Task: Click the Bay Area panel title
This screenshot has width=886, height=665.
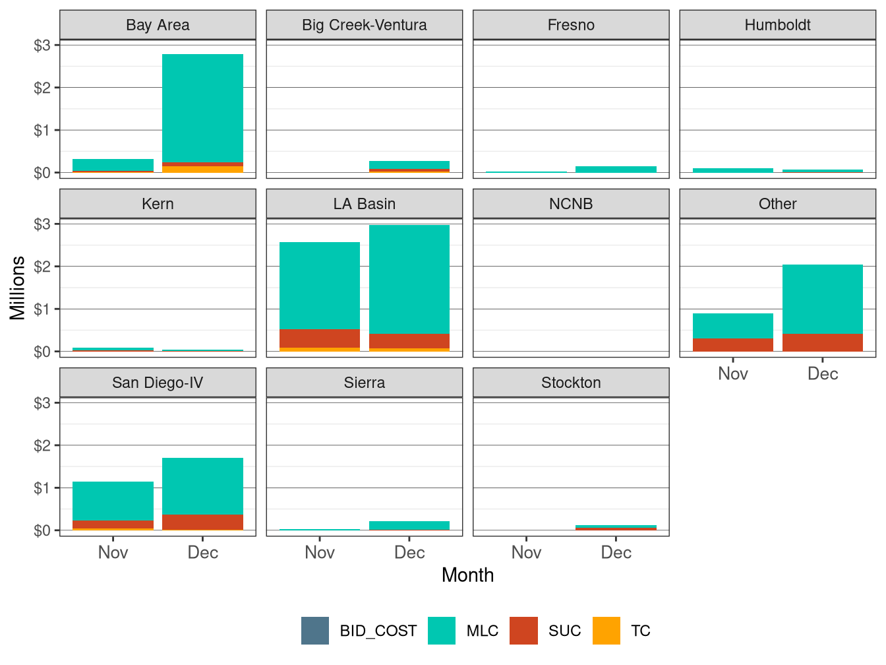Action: point(158,25)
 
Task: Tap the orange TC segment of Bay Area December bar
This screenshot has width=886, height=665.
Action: point(202,170)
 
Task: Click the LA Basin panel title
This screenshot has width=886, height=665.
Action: point(364,204)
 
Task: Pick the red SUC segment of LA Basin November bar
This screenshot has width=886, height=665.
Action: point(320,338)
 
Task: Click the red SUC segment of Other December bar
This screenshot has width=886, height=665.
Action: point(823,342)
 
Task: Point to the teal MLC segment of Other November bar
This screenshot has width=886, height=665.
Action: point(733,326)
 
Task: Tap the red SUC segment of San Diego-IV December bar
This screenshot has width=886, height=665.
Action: point(202,522)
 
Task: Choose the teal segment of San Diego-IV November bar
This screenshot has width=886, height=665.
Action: point(113,501)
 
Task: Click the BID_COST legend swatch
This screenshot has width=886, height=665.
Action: point(315,631)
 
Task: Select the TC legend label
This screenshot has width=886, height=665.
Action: point(641,631)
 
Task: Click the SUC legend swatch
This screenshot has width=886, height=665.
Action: point(524,631)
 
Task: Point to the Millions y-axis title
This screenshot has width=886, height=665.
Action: point(18,288)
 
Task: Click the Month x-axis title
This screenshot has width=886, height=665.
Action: point(467,575)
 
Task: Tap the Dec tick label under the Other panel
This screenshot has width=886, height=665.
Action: point(823,374)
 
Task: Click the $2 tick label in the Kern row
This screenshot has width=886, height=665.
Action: point(42,267)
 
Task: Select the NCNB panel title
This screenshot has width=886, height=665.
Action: point(571,204)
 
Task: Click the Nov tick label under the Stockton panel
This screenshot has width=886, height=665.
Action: point(526,553)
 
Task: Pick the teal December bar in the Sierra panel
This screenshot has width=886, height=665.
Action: point(409,526)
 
